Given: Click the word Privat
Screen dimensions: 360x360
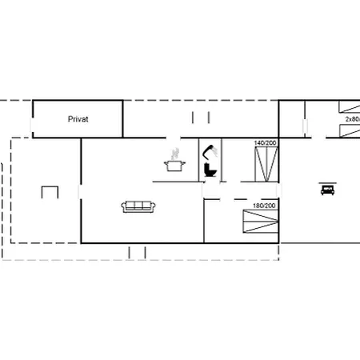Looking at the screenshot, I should coord(78,118).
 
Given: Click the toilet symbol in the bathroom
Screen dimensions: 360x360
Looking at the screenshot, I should coord(210,170).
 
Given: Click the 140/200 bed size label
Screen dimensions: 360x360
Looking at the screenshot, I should coord(265,142).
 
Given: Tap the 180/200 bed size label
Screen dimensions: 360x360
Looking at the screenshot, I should coord(264,206).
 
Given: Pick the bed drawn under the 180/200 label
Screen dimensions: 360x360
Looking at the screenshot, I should coord(262,222).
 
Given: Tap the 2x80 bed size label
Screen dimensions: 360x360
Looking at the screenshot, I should coord(352,118).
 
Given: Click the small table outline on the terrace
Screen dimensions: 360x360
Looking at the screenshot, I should coord(50,192).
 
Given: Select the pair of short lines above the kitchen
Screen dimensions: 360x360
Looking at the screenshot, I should coord(198,118).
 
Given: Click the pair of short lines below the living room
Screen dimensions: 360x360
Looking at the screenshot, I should coord(138,252).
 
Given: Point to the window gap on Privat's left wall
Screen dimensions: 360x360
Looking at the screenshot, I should coord(32,128).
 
